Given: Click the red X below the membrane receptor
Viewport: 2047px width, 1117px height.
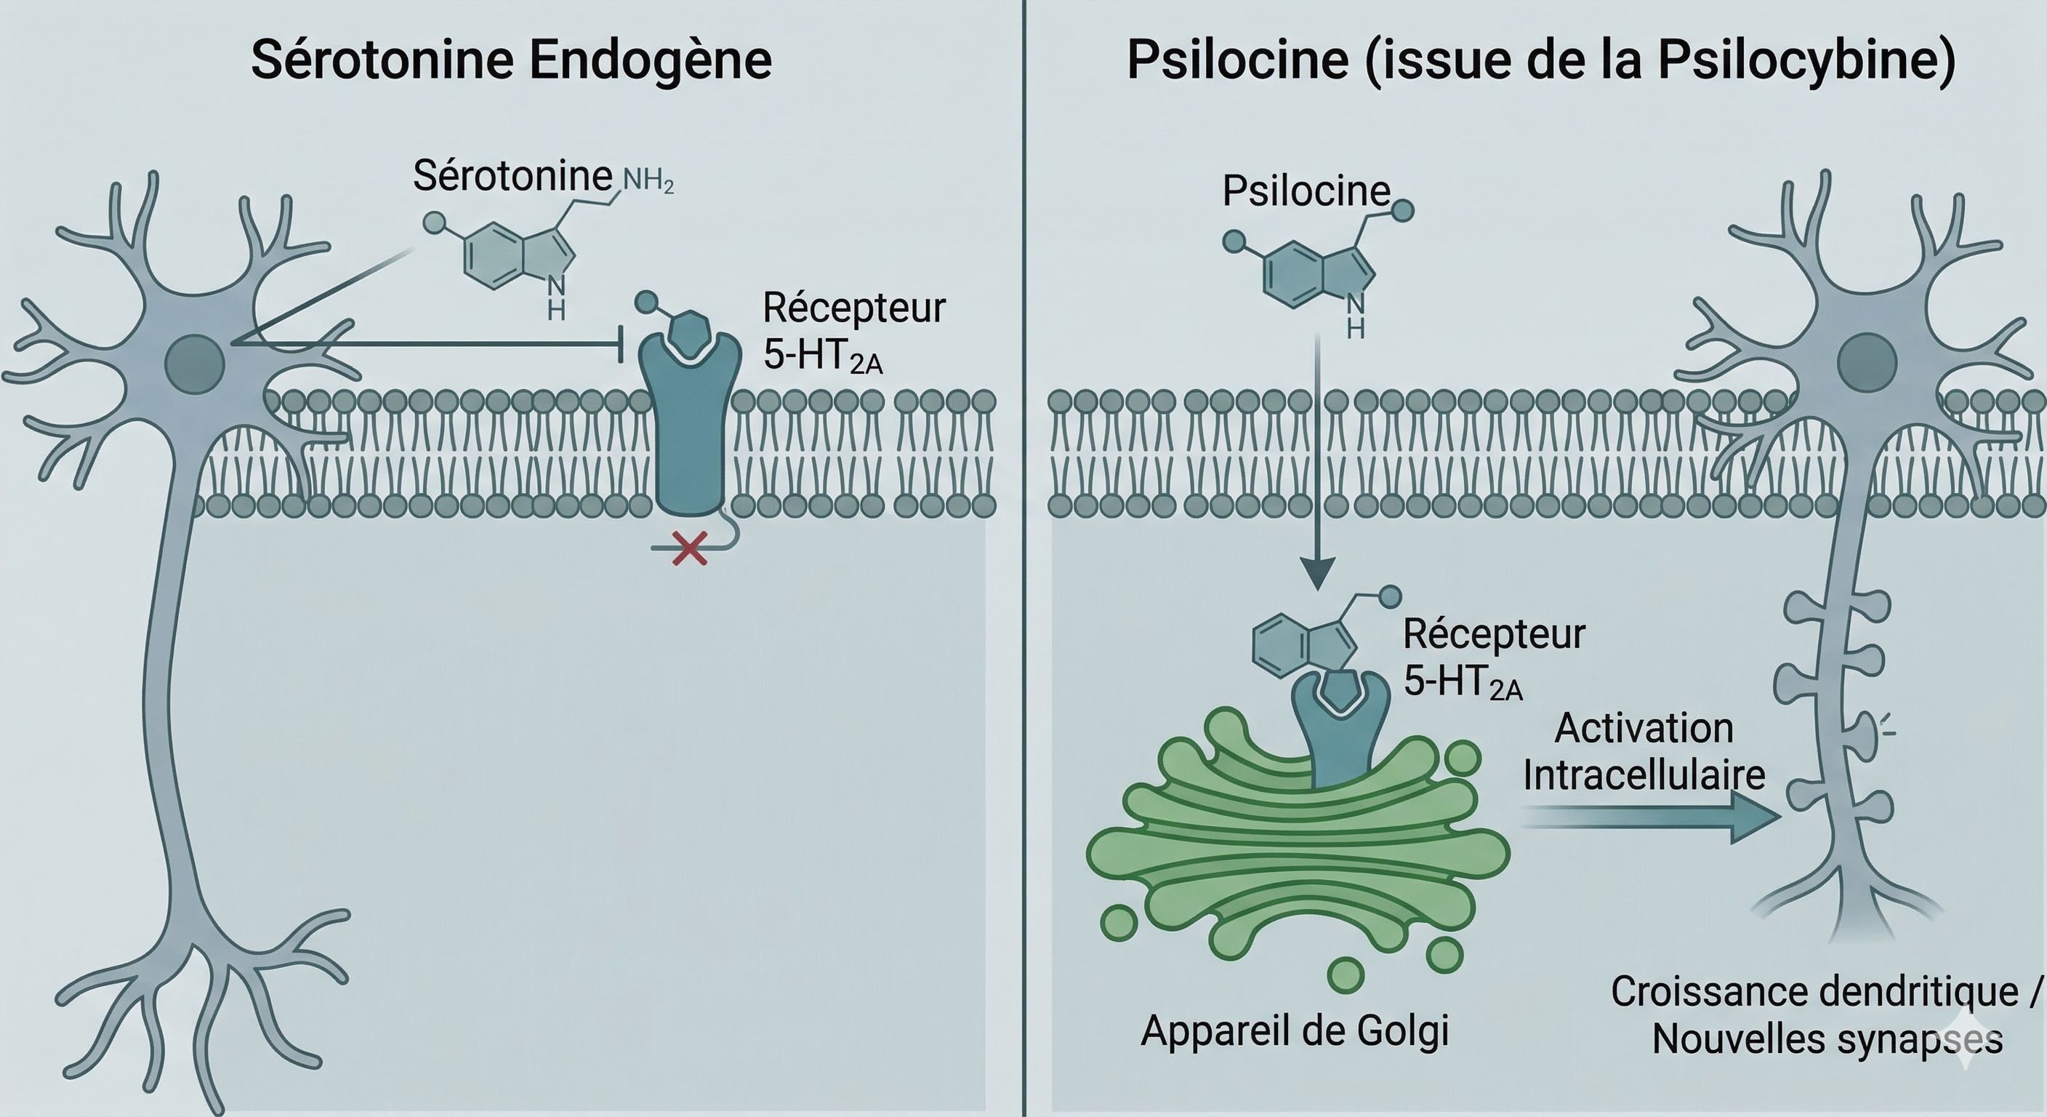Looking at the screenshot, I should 689,549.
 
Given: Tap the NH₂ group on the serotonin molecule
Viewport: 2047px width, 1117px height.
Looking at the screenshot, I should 648,181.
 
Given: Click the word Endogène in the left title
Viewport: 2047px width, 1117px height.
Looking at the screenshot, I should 651,60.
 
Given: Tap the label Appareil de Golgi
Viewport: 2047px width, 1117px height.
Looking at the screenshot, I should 1295,1031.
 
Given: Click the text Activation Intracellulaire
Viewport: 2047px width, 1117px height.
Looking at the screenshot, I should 1644,752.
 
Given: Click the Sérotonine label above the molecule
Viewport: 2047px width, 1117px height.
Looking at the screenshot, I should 512,176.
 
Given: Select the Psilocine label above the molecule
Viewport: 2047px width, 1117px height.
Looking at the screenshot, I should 1306,191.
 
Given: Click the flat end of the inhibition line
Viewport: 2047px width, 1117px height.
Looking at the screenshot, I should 621,344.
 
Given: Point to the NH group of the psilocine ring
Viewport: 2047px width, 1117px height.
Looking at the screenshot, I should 1356,315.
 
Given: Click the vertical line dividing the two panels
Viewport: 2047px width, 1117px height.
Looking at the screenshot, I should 1023,556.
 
